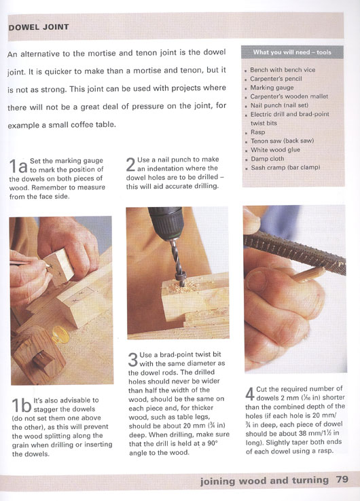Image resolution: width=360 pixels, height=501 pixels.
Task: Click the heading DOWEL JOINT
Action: point(39,27)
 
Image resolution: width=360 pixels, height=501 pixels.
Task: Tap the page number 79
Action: point(342,479)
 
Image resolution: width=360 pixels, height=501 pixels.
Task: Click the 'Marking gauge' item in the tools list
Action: point(272,88)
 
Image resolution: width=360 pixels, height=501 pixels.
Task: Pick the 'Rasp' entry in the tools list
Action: point(257,132)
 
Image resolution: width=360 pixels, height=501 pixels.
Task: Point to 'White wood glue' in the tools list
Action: point(275,149)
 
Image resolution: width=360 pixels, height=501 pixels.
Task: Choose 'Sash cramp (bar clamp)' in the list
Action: point(285,168)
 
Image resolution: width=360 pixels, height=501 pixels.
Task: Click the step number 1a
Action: point(18,166)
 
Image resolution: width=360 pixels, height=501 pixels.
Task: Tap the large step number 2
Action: point(131,165)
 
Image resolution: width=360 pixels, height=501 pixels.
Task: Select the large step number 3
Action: point(133,360)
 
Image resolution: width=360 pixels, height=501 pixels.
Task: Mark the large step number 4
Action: point(250,394)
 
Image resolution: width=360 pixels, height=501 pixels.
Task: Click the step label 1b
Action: point(22,405)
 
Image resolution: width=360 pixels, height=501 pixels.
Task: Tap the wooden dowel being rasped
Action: point(308,274)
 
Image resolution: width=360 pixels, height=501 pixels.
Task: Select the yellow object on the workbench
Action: point(60,335)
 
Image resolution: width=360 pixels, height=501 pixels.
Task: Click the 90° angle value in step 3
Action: point(211,443)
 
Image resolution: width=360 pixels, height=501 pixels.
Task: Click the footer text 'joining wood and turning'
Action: point(264,481)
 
